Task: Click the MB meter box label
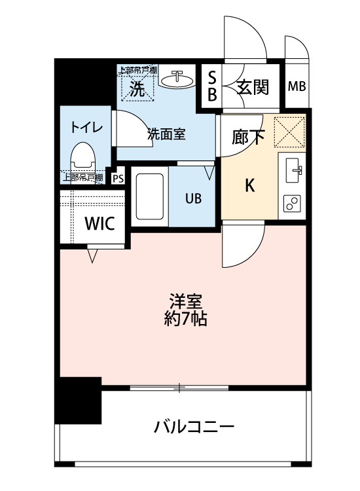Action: click(297, 86)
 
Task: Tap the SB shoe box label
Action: click(212, 86)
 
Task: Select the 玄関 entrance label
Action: click(253, 86)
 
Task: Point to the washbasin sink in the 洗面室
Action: click(177, 79)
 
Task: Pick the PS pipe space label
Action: click(118, 179)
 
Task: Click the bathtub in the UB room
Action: click(150, 196)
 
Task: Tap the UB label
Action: click(193, 198)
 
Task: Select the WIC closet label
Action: click(99, 223)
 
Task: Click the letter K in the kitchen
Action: click(249, 186)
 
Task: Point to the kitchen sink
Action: click(294, 170)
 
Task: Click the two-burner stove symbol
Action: click(292, 203)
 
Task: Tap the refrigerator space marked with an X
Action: click(289, 132)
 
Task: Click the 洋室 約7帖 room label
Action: click(185, 310)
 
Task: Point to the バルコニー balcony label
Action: click(194, 427)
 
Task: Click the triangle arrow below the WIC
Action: click(92, 256)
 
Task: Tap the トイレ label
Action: click(86, 128)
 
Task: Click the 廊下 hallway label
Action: click(248, 137)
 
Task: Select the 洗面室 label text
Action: click(166, 134)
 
